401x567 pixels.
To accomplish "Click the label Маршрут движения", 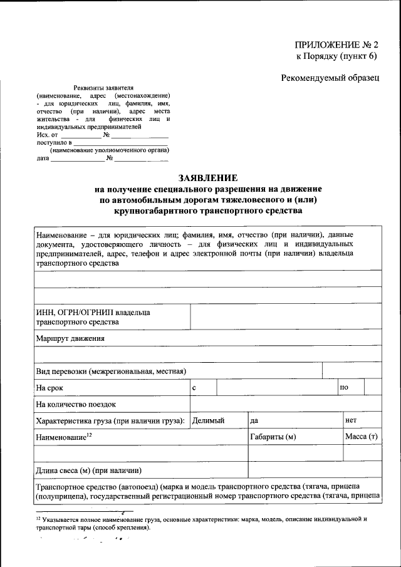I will (70, 338).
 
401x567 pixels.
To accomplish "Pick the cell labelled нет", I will (351, 420).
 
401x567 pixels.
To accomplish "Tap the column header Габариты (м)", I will (273, 437).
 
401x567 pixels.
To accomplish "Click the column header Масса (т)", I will (361, 436).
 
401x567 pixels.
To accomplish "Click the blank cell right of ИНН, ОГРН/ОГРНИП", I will (285, 317).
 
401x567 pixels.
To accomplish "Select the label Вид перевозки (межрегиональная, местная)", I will (111, 372).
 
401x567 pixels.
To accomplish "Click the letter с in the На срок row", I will (195, 388).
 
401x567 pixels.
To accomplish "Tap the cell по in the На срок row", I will (344, 388).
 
